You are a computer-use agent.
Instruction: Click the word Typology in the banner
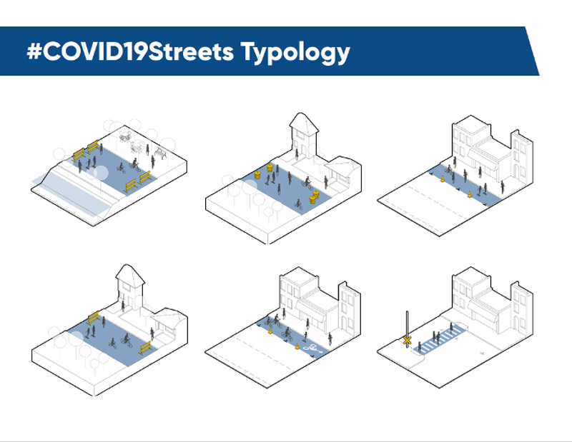295,52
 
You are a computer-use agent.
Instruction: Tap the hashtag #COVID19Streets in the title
130,51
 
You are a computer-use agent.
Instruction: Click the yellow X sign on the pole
407,341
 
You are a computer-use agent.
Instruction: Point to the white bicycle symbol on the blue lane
312,348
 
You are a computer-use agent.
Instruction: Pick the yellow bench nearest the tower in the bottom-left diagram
93,318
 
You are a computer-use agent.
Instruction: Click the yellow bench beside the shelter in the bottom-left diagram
145,348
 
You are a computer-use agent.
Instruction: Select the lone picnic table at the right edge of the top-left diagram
160,153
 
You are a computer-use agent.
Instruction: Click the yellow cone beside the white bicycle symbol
297,346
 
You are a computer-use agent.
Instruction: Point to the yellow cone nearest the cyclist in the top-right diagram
443,179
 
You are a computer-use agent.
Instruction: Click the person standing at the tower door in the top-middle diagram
297,154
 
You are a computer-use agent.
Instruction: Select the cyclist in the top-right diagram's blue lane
448,169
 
